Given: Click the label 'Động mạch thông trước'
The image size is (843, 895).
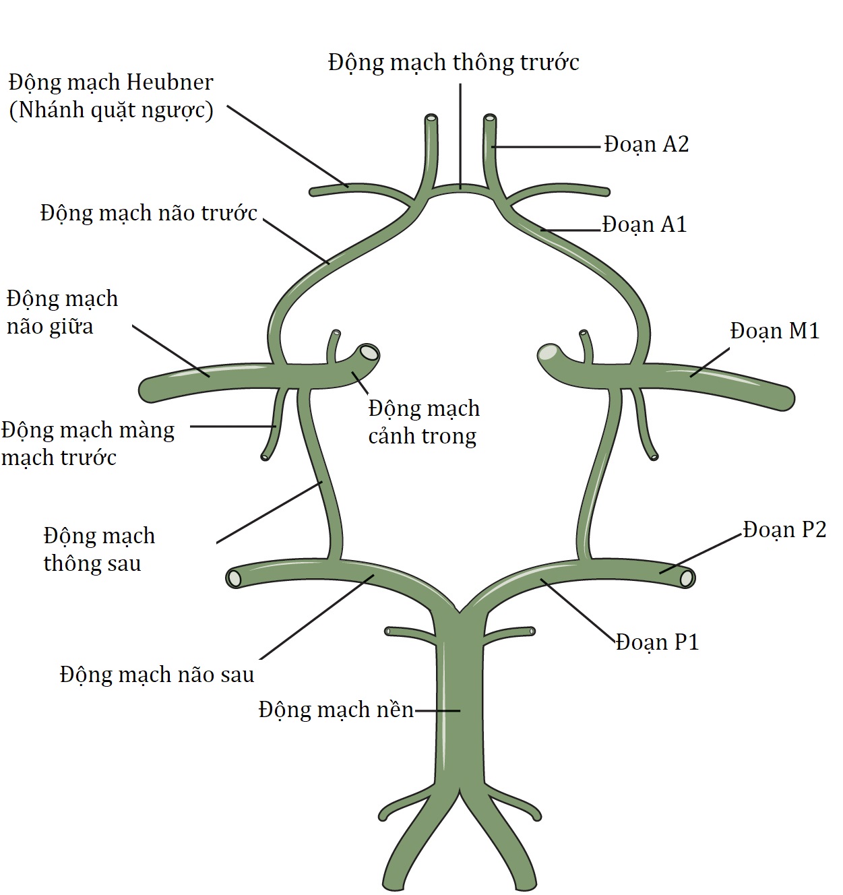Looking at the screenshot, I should [454, 63].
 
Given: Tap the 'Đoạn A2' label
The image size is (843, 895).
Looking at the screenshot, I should [646, 144].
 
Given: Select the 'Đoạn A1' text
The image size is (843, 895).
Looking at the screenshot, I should [644, 224].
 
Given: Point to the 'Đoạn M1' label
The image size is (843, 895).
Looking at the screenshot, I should [774, 331].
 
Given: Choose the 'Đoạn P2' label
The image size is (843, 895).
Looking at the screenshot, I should [784, 530].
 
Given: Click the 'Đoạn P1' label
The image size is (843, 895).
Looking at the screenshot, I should [657, 642].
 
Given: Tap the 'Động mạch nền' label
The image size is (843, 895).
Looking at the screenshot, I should [336, 710].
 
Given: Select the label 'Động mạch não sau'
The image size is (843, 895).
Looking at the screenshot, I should [157, 675].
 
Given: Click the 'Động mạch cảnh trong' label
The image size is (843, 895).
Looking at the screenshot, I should [424, 422].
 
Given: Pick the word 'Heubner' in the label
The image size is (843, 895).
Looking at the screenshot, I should [169, 82].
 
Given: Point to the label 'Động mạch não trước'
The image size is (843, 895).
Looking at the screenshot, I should [149, 213].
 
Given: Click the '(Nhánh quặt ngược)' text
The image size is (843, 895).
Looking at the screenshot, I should [111, 110].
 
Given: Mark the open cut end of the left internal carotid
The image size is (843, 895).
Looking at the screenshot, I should [369, 352].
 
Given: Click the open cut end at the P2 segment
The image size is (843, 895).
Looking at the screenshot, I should [687, 578].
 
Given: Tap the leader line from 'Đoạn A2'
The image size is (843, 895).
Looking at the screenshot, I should [546, 146].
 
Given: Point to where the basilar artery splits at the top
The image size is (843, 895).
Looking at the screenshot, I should [460, 613].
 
